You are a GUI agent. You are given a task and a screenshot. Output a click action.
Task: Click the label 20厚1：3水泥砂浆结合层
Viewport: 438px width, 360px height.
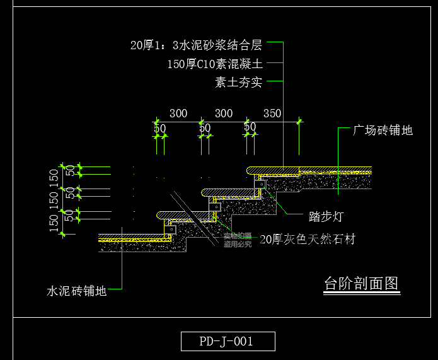pos(196,45)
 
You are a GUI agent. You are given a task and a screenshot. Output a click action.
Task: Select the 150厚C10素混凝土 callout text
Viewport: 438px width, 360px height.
pos(216,64)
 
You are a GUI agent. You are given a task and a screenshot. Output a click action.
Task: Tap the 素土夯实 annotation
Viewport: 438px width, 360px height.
pos(239,82)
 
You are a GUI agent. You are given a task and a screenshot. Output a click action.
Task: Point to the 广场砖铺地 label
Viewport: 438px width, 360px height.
pos(383,131)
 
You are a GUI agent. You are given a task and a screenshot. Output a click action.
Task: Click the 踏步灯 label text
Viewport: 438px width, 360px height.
pos(326,217)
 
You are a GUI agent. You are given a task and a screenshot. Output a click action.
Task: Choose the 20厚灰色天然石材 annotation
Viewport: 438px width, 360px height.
pos(308,240)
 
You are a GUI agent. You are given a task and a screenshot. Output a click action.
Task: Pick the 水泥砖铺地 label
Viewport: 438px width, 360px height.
pos(76,291)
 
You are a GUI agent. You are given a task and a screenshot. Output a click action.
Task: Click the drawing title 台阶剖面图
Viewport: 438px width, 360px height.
pos(361,284)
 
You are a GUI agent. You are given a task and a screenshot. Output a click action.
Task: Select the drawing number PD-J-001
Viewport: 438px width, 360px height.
pos(227,342)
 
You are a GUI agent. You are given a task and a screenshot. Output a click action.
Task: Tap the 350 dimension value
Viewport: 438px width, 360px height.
pos(272,113)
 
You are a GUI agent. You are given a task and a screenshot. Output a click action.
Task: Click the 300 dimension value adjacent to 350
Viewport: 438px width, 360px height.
pos(224,113)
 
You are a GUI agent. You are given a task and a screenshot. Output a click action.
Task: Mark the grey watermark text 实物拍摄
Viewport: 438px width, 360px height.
pos(237,236)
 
